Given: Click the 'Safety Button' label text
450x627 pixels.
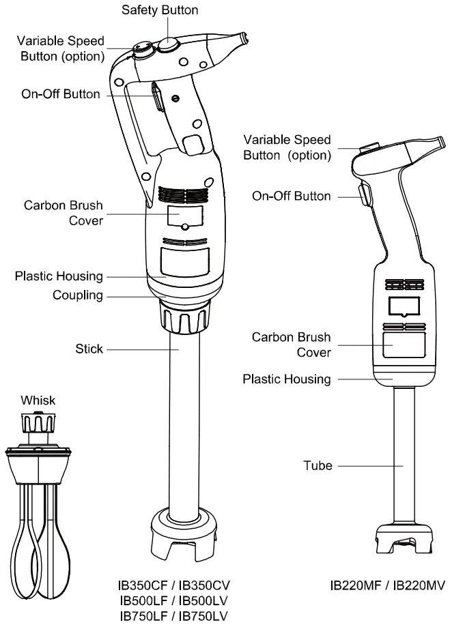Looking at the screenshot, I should pos(160,10).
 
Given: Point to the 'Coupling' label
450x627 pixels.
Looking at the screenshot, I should pos(78,295).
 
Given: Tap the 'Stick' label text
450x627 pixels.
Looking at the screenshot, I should pos(89,349).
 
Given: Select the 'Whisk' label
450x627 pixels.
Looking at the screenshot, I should pos(38,400).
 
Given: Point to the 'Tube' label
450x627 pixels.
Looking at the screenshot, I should pos(318,466).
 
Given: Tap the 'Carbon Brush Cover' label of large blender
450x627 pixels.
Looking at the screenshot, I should pos(64,212).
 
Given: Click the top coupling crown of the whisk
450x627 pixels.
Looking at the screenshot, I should pos(38,424).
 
